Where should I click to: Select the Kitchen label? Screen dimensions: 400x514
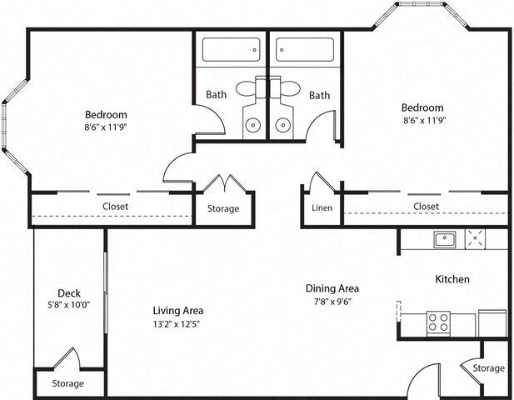(x=452, y=279)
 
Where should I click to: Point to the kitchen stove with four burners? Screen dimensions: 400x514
(x=438, y=322)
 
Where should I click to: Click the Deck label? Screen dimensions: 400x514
(x=69, y=292)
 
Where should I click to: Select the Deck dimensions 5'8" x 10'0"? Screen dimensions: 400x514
(x=69, y=305)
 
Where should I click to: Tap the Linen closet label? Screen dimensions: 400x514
(x=322, y=207)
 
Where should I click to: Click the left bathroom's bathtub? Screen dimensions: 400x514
(x=231, y=51)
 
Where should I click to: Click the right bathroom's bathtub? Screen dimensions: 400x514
(x=304, y=51)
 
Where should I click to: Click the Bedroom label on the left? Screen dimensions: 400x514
(x=106, y=114)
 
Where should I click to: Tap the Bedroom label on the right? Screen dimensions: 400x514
(x=422, y=107)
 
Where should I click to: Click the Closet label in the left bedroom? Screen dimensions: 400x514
(x=115, y=207)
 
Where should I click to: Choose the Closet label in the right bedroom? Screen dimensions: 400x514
(x=426, y=206)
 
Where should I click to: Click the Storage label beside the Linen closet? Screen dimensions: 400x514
(x=223, y=208)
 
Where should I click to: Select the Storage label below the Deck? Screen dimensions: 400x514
(x=68, y=383)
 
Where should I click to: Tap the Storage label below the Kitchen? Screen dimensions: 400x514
(x=488, y=367)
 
